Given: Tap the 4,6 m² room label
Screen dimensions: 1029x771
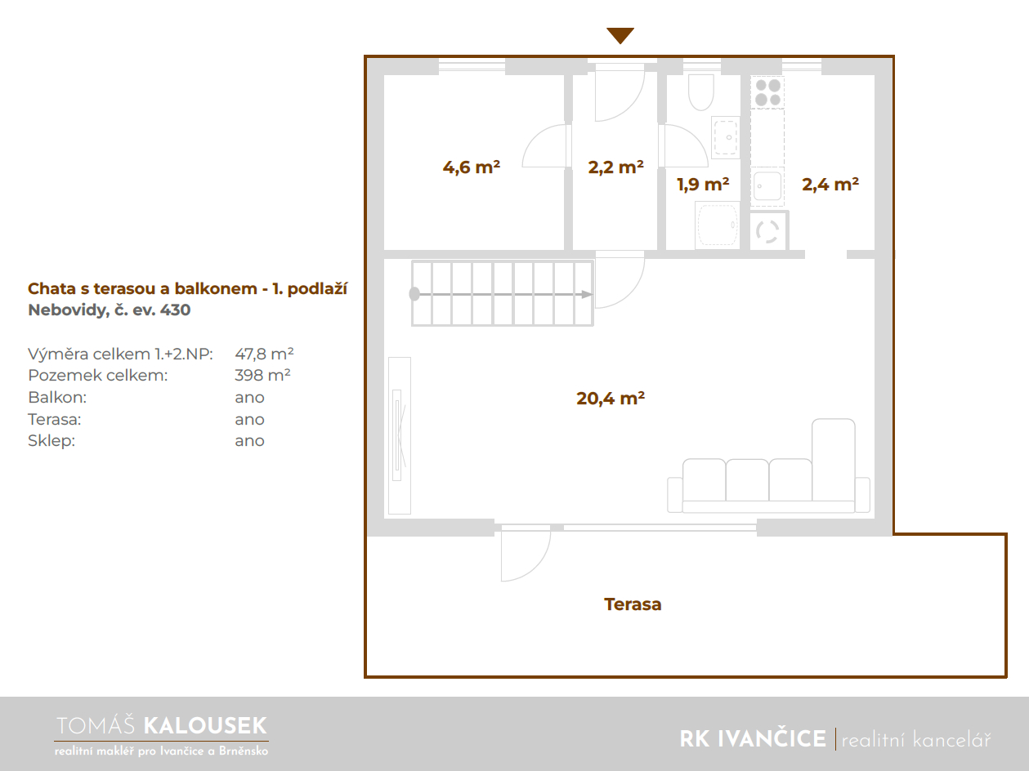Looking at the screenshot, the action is (x=471, y=167).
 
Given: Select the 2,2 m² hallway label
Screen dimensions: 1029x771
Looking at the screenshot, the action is (x=615, y=167).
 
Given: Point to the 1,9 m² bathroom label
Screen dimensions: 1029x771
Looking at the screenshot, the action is (x=703, y=184).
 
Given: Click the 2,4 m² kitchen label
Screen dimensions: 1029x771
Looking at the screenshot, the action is (x=830, y=184).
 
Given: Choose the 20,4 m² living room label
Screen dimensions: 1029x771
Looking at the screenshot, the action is (x=611, y=398).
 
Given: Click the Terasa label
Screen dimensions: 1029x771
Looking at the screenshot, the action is (x=633, y=604).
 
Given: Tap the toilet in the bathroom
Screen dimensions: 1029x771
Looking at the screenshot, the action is (x=700, y=92).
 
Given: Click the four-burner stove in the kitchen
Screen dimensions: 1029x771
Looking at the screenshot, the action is (x=767, y=92).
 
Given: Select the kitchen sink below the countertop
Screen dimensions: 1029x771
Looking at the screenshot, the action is (x=767, y=186).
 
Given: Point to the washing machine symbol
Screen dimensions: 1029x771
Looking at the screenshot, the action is (x=768, y=231).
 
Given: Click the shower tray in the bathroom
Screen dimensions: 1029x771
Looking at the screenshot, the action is (x=718, y=225).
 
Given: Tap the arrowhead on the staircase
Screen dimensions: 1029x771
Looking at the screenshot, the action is (x=587, y=294).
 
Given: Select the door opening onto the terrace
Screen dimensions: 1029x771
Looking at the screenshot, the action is (x=526, y=553).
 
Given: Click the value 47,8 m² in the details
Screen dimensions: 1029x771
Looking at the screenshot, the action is (x=264, y=354).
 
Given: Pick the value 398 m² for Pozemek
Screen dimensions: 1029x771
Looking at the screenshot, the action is (x=262, y=375).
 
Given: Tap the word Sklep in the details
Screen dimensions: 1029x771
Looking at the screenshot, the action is (x=51, y=441).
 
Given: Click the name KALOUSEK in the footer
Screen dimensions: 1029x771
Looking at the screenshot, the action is (x=205, y=726).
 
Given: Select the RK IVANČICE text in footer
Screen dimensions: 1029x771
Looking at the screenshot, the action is (x=753, y=739).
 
